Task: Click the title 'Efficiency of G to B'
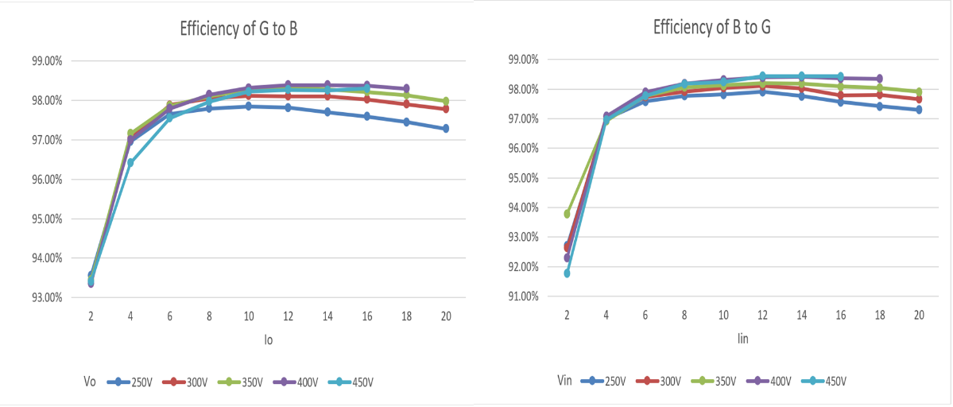pos(238,30)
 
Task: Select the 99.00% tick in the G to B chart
pos(47,61)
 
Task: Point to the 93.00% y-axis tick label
pos(47,297)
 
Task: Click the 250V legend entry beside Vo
pos(134,382)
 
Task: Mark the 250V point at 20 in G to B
pos(446,129)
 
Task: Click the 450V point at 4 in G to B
pos(130,163)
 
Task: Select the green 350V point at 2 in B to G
pos(567,214)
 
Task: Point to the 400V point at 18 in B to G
pos(879,79)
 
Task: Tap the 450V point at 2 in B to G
pos(567,273)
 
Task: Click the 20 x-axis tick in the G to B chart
pos(446,316)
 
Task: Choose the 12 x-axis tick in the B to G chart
pos(761,315)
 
